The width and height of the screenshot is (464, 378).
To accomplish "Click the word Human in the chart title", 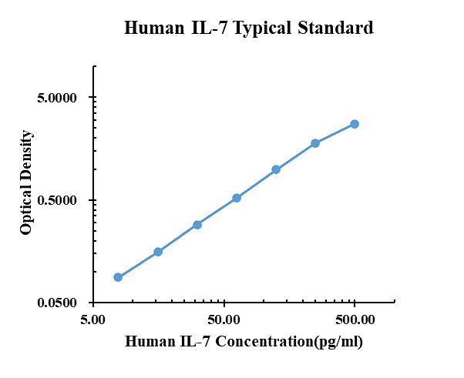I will pos(153,28).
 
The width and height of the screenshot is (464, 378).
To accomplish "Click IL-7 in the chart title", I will pos(207,28).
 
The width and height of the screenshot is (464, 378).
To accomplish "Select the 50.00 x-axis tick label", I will pos(224,318).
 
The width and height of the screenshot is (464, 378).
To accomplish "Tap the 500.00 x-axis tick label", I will pos(355,318).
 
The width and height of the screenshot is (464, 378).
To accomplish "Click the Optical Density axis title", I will pos(27,182).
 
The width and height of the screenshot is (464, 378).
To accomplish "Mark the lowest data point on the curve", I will pos(118,277).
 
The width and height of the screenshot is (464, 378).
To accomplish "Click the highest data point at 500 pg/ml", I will pos(355,124).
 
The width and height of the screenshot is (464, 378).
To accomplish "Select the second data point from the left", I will pos(158,252).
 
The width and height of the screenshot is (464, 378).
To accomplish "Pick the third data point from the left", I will pos(197,225).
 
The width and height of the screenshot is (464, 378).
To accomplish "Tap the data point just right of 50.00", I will pos(237,198).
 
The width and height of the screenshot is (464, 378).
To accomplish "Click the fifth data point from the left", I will pos(276,169).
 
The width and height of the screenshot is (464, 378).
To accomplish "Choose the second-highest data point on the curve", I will pos(315,143).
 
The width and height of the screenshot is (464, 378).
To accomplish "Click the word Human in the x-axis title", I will pos(148,342).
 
